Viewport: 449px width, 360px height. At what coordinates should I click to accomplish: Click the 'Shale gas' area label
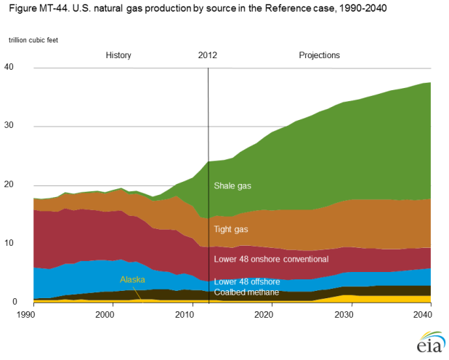(233, 185)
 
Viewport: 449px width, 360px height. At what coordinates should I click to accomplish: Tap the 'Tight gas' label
(231, 229)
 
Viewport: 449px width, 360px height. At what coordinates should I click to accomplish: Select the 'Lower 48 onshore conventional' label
(271, 259)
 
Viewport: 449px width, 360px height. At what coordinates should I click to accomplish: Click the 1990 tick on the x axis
(26, 314)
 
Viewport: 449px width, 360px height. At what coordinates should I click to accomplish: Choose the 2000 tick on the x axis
(105, 314)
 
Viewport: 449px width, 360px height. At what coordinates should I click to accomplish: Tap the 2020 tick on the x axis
(265, 314)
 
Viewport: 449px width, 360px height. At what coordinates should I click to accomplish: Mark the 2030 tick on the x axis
(344, 314)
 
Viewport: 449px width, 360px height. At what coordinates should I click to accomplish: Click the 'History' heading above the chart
(118, 55)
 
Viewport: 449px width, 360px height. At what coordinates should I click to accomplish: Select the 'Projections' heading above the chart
(319, 55)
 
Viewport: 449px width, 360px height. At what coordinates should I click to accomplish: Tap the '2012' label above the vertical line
(208, 55)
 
